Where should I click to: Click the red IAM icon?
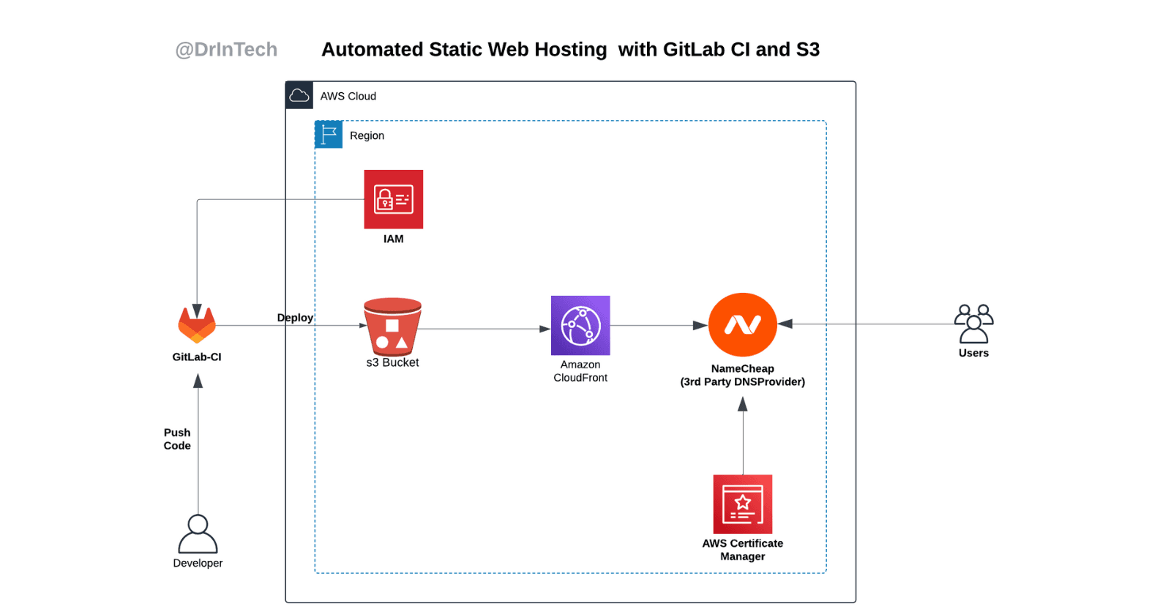tap(393, 199)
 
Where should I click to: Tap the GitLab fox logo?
tap(197, 325)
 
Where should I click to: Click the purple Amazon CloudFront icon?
tap(580, 325)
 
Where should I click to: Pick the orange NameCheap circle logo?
tap(742, 324)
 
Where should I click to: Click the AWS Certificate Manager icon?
tap(742, 504)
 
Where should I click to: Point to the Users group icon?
tap(973, 324)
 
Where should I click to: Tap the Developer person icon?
tap(198, 534)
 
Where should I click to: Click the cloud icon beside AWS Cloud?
tap(299, 95)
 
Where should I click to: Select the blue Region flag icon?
tap(329, 135)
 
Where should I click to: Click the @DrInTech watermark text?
tap(226, 50)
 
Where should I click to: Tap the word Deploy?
tap(295, 318)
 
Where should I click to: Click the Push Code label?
tap(177, 439)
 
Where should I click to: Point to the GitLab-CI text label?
tap(197, 357)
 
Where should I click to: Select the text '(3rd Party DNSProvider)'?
tap(742, 382)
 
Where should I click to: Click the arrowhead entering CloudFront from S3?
tap(545, 329)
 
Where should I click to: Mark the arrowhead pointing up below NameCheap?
tap(742, 405)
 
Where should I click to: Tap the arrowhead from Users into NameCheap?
tap(785, 324)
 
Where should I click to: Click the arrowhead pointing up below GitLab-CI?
tap(198, 381)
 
